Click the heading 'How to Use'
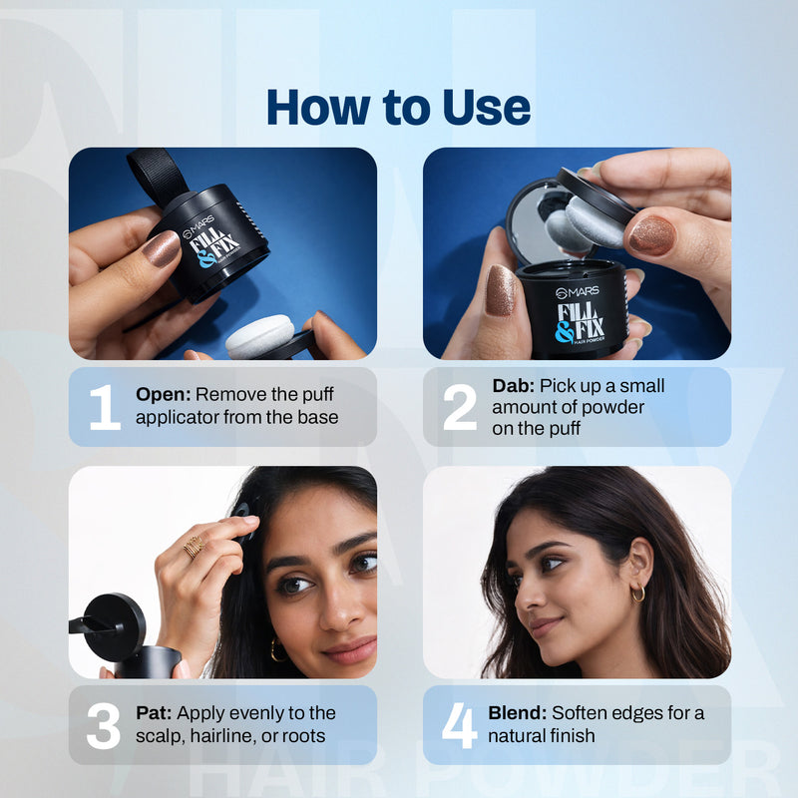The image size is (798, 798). point(398,107)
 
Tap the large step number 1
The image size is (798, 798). point(104,407)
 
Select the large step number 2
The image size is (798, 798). point(459,407)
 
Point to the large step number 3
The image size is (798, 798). point(103,725)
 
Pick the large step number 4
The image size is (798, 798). point(459,725)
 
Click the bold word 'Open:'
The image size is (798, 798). point(162,394)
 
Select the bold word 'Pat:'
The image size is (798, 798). point(156,713)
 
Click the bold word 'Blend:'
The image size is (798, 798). point(517,713)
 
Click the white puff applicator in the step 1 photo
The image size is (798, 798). point(258,334)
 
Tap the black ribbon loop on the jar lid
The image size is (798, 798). point(158,176)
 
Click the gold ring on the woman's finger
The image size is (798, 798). point(193,546)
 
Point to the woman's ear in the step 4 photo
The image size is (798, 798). point(635,565)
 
